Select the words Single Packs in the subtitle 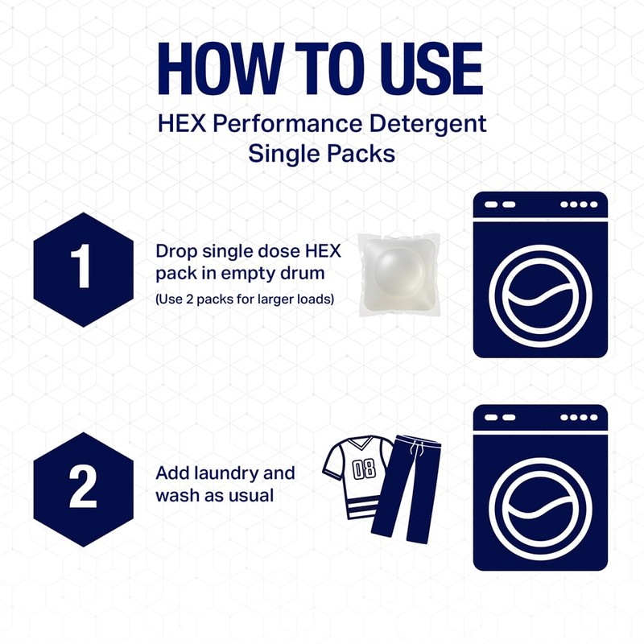coord(322,153)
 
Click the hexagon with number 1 coord(83,269)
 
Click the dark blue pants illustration coord(411,491)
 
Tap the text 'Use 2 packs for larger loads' coord(245,299)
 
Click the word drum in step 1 coord(295,273)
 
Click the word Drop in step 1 coord(173,251)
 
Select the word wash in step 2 coord(176,494)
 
